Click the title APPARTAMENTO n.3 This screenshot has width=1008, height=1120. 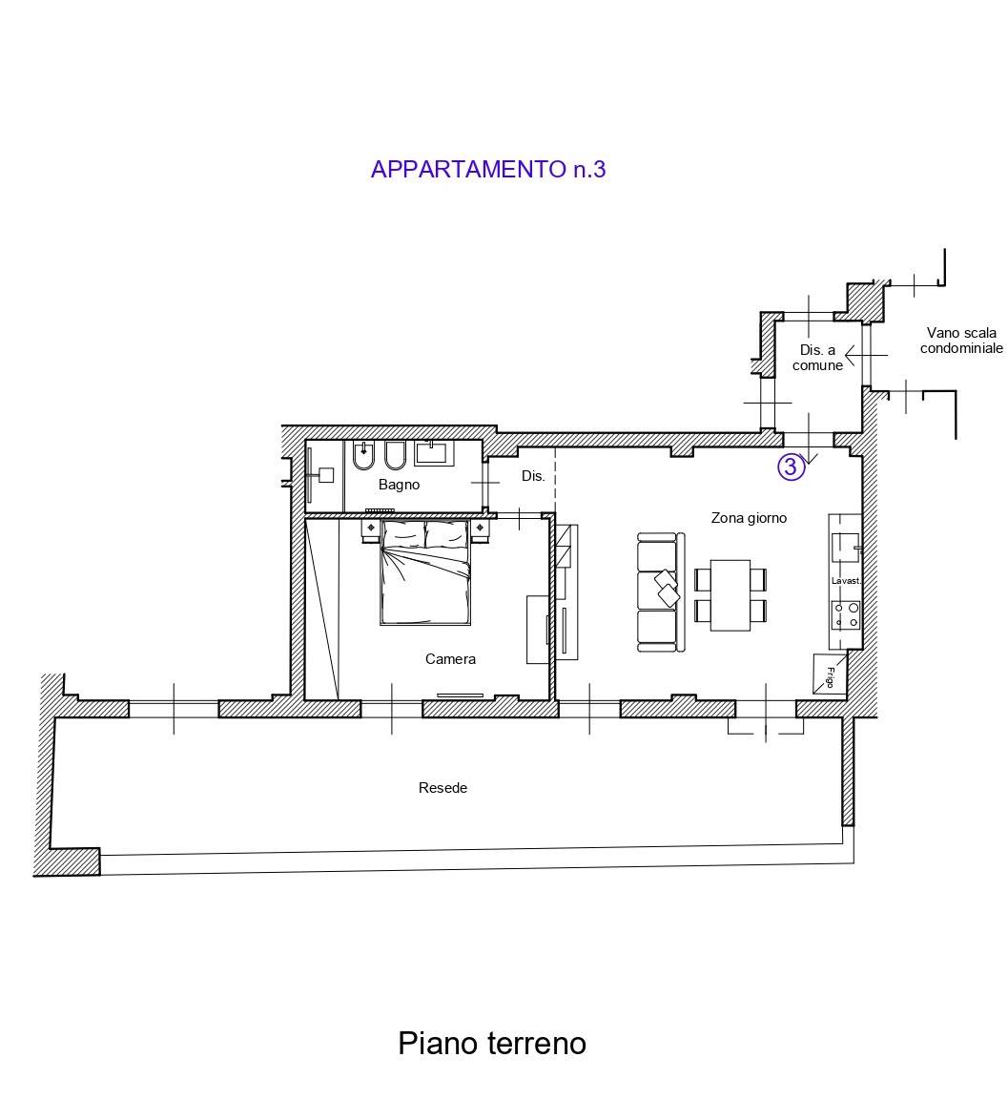(x=487, y=170)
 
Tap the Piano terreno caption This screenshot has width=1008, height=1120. (x=491, y=1043)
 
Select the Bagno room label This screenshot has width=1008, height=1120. (x=399, y=485)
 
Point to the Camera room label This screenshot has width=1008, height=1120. (x=450, y=659)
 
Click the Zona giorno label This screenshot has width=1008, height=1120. (x=749, y=518)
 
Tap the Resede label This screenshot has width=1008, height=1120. (x=442, y=788)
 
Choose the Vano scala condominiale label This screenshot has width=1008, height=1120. (x=960, y=341)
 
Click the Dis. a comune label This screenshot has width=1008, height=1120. (x=817, y=358)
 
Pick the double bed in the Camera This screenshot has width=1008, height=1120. (x=425, y=576)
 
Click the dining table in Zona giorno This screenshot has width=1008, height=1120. (x=730, y=594)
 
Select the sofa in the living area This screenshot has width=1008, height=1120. (x=658, y=592)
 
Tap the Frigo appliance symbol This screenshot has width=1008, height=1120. (x=828, y=674)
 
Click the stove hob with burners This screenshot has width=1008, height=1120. (x=846, y=615)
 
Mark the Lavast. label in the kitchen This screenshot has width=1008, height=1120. (x=845, y=581)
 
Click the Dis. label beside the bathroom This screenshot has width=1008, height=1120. (x=533, y=476)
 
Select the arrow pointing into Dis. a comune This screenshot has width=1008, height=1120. (x=864, y=355)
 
